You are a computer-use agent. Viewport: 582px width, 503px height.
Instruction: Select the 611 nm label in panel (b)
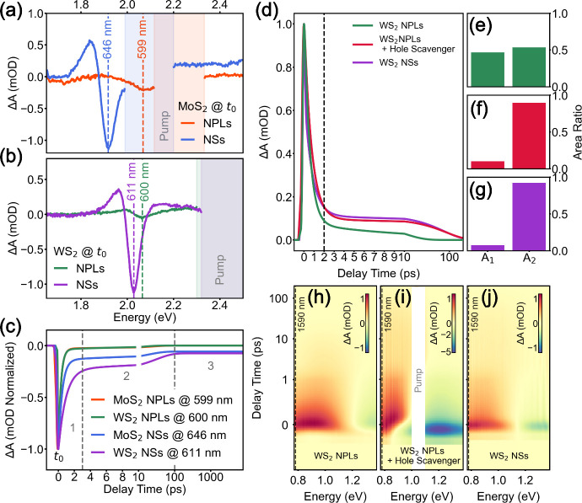pos(132,182)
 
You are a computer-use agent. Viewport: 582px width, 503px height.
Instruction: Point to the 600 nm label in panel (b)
pos(144,182)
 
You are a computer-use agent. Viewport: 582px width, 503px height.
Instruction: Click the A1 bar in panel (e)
pos(488,70)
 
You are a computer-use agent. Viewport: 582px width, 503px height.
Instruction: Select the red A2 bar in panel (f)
pos(529,136)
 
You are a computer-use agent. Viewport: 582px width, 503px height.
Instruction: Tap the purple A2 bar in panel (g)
pos(529,217)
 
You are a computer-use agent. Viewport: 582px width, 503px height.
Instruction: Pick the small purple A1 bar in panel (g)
pos(488,248)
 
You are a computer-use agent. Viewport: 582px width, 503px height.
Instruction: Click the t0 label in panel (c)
pos(59,457)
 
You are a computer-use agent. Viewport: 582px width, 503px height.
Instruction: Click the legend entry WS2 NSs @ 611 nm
pos(156,453)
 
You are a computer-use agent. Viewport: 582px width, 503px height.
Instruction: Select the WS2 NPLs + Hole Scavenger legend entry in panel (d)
pos(403,44)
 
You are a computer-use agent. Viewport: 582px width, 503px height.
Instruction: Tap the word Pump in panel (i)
pos(418,380)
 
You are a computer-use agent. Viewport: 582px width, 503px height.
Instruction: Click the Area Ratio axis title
pos(577,132)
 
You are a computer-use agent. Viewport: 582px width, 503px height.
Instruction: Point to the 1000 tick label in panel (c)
pos(211,477)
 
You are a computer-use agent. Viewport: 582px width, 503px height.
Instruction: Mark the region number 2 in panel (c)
pos(127,377)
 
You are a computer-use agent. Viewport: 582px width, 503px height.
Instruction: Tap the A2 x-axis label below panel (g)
pos(530,259)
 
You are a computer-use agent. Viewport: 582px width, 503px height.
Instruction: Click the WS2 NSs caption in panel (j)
pos(509,456)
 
